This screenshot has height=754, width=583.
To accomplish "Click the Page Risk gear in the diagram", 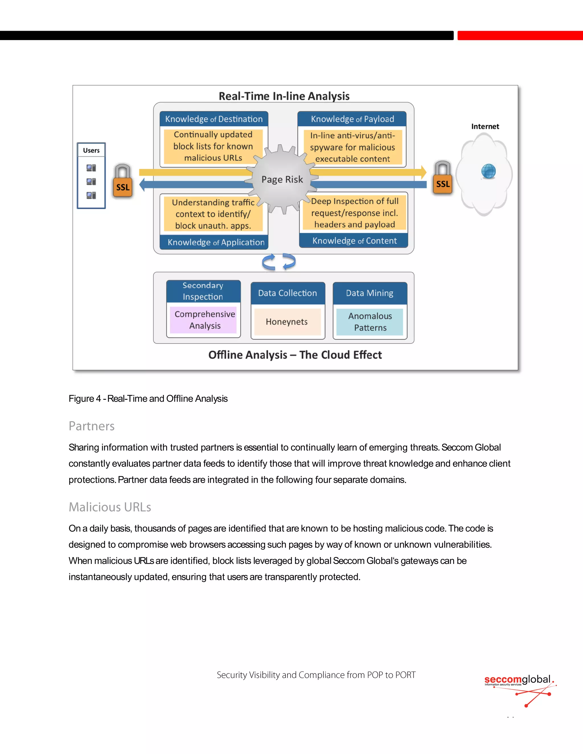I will pyautogui.click(x=282, y=179).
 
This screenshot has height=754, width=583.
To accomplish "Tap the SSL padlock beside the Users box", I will pyautogui.click(x=123, y=182).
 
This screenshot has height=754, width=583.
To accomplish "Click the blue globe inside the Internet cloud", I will pyautogui.click(x=488, y=171).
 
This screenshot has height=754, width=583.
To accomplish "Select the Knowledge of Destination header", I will pyautogui.click(x=214, y=119).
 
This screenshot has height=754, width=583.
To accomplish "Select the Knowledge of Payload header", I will pyautogui.click(x=352, y=119).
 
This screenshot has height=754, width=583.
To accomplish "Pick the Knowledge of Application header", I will pyautogui.click(x=215, y=242).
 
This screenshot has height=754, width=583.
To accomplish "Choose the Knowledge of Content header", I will pyautogui.click(x=354, y=241).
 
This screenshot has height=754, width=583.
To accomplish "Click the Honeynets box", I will pyautogui.click(x=287, y=322).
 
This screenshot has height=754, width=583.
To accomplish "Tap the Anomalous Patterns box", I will pyautogui.click(x=370, y=322).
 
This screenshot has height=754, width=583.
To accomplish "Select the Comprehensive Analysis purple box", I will pyautogui.click(x=204, y=320).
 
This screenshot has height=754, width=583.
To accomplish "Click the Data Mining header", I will pyautogui.click(x=369, y=293).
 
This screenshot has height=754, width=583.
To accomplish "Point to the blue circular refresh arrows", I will pyautogui.click(x=279, y=262).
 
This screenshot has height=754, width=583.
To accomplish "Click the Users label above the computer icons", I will pyautogui.click(x=91, y=150).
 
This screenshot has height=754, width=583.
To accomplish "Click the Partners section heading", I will pyautogui.click(x=92, y=426).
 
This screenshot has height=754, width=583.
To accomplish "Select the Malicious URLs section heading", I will pyautogui.click(x=110, y=507).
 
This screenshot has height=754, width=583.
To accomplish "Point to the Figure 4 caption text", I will pyautogui.click(x=148, y=398).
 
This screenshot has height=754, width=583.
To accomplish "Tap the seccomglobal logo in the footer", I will pyautogui.click(x=519, y=689).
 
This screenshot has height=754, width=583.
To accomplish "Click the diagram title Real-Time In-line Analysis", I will pyautogui.click(x=284, y=96).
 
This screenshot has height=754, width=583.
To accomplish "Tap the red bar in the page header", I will pyautogui.click(x=520, y=35).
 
